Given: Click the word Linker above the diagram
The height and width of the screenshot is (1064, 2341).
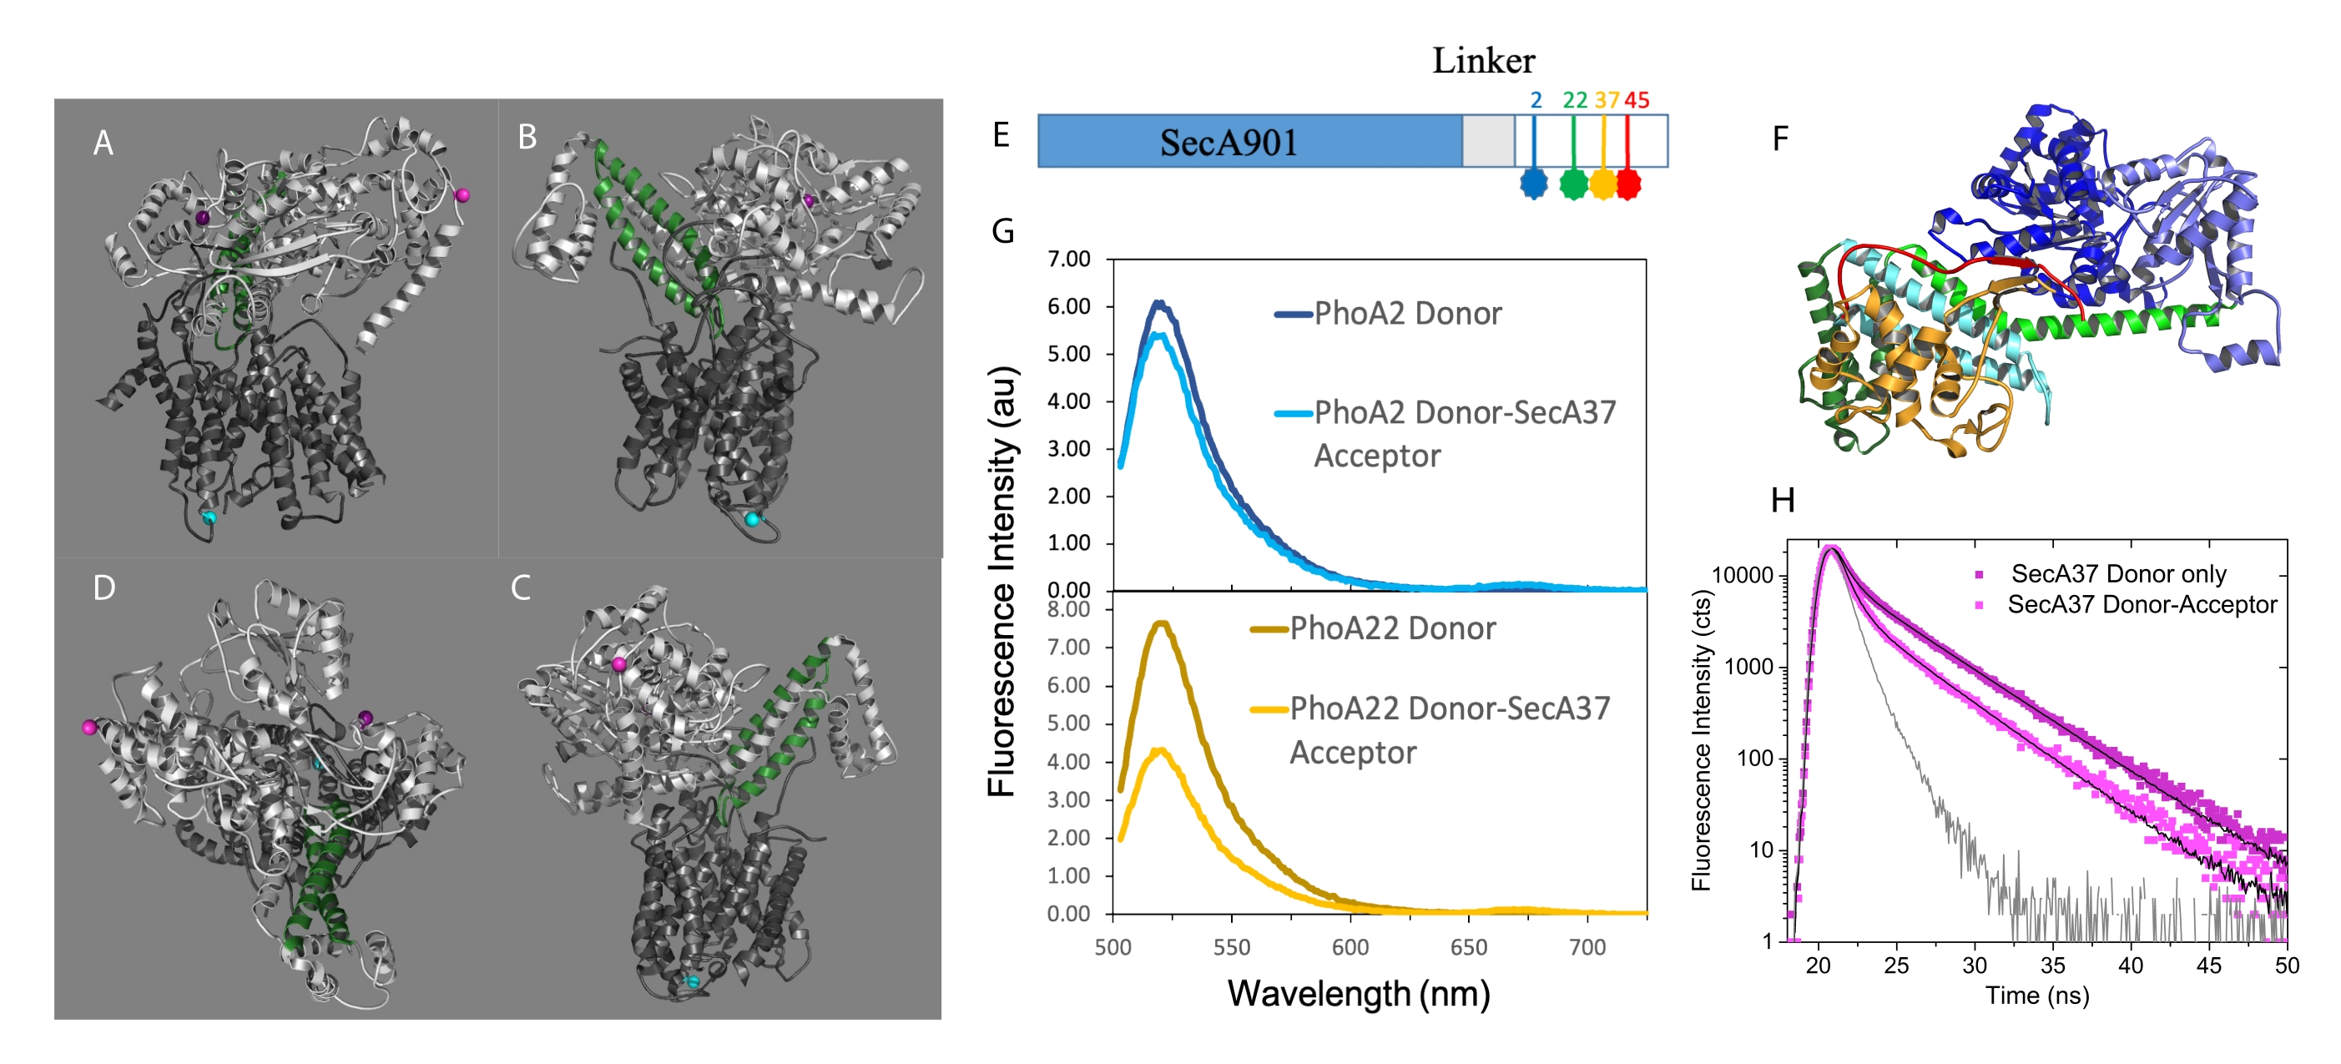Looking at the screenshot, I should click(1483, 61).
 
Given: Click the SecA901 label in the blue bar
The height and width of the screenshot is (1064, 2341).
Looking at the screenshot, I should click(1228, 143).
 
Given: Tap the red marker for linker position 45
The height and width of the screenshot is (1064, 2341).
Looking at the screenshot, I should click(1628, 184).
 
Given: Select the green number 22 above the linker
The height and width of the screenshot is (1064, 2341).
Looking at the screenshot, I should click(1575, 100).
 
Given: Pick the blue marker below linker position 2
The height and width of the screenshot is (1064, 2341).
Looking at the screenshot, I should click(1534, 184).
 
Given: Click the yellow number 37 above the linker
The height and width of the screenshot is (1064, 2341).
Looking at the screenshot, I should click(1607, 100).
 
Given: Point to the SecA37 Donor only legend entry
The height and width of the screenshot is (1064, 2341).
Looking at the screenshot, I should click(2117, 573).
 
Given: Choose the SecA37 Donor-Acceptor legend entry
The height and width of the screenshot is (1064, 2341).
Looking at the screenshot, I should click(2141, 604).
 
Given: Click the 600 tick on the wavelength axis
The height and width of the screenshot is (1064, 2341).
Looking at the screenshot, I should click(1350, 947).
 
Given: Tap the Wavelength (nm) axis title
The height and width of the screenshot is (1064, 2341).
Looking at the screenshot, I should click(1358, 993).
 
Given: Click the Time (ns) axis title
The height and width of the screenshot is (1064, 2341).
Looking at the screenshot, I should click(2036, 995).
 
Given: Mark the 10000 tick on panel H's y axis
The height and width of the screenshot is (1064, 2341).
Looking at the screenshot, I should click(1742, 575).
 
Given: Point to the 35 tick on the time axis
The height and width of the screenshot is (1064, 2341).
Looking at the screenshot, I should click(2052, 965).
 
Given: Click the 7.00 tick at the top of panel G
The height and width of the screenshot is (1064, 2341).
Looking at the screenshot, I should click(1069, 260).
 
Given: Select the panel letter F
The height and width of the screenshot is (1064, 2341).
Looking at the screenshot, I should click(1780, 139).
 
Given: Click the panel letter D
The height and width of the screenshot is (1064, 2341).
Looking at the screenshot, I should click(104, 587).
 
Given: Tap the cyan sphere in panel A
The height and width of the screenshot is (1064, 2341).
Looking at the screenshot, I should click(209, 517).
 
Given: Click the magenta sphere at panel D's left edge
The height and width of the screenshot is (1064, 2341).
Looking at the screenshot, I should click(89, 727).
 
